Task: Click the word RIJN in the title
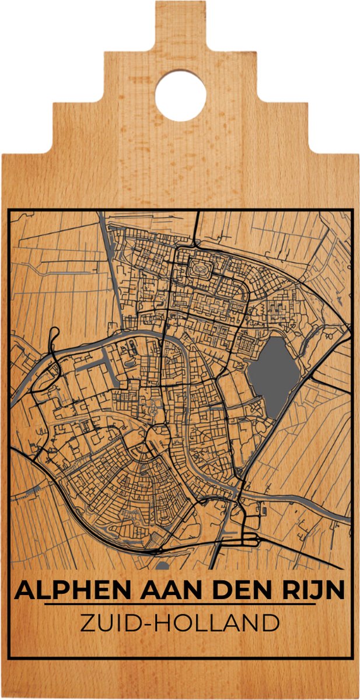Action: point(316,591)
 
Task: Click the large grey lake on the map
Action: point(272,376)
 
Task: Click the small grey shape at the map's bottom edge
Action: point(163,565)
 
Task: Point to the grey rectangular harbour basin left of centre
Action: point(94,362)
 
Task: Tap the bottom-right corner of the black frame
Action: point(352,659)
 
